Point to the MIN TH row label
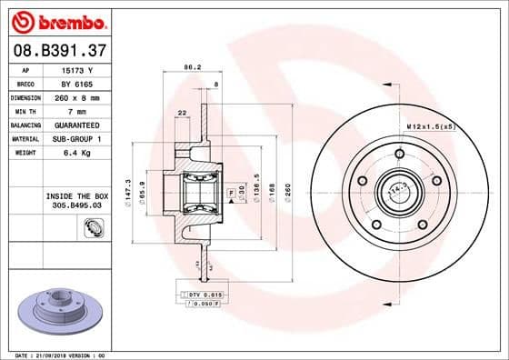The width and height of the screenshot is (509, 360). click(x=25, y=110)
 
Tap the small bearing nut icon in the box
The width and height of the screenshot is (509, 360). click(x=93, y=228)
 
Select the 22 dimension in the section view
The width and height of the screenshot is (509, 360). click(x=183, y=112)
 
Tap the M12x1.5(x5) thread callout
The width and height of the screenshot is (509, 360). click(x=431, y=125)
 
